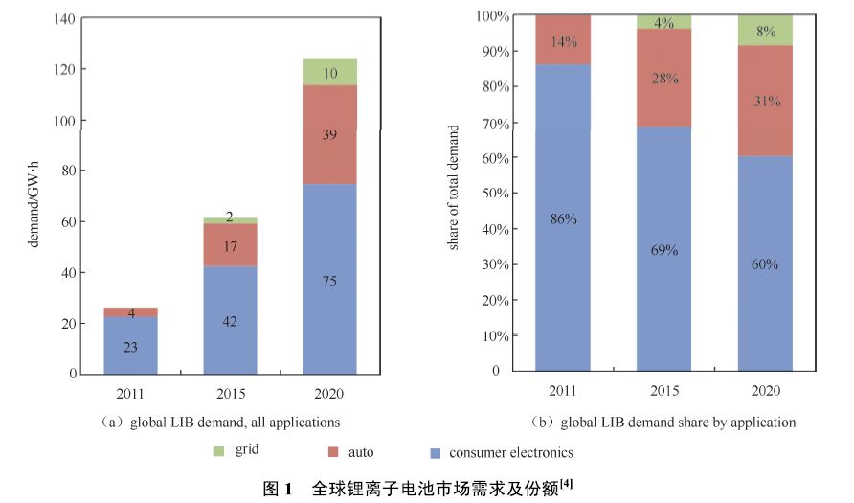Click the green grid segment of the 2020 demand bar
point(329,72)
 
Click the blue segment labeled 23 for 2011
point(130,345)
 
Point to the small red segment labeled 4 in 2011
point(130,312)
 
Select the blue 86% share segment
point(563,218)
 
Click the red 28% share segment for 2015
point(664,79)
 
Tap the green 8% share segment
point(766,30)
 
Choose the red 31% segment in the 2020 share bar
point(766,101)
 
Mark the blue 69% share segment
point(664,250)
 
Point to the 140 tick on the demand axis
point(66,19)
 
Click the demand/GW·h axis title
point(34,195)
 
